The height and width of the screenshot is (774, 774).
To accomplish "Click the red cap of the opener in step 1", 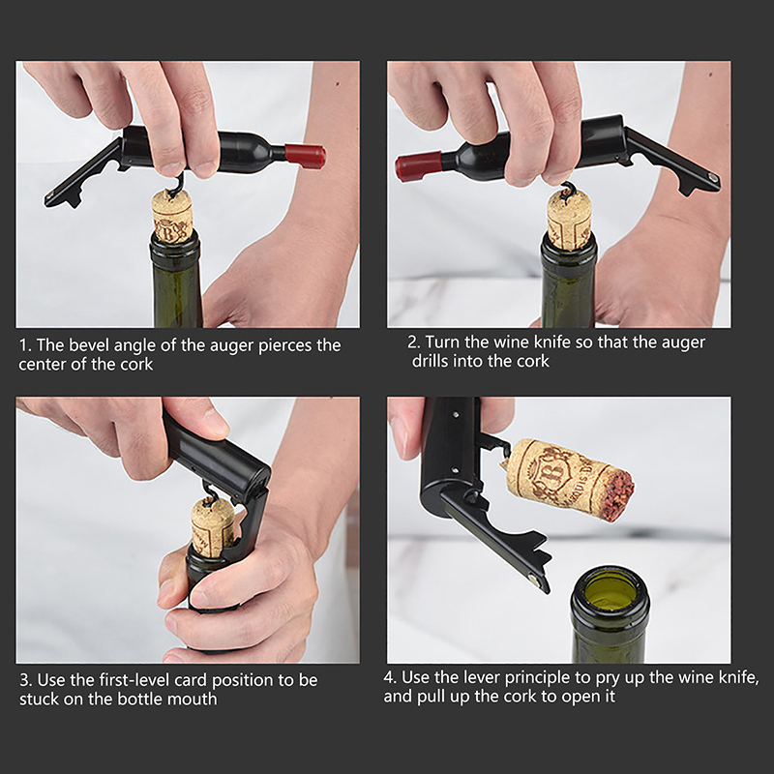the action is pos(305,156).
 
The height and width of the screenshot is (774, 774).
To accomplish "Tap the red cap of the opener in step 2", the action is pos(418,166).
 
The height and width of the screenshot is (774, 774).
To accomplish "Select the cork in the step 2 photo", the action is pos(569,221).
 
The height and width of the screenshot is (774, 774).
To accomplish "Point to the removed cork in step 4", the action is pos(569,479).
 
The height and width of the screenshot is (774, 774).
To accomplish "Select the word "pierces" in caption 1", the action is pos(284,346).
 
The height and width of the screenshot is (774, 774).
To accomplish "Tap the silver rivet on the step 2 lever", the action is pos(712,176).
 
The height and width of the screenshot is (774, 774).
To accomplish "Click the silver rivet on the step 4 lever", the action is pos(532,578).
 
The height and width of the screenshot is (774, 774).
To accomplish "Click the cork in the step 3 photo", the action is pos(213,525).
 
